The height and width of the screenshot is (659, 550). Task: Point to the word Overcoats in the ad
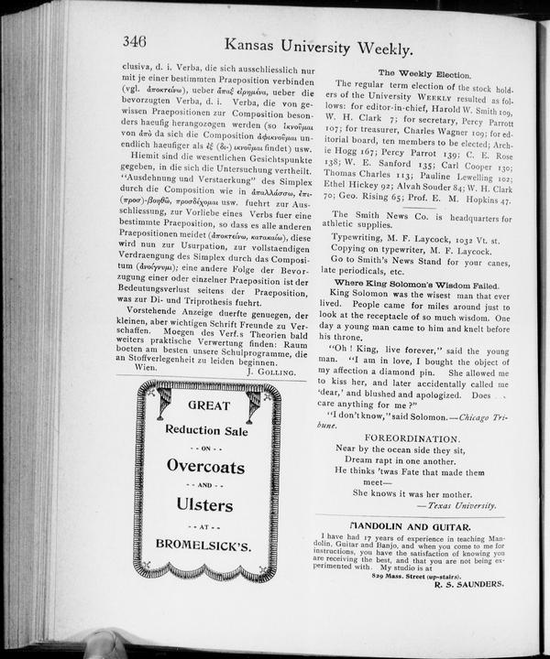click(x=205, y=466)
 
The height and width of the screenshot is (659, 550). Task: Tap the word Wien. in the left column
click(x=134, y=366)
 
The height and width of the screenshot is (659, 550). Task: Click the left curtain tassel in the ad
click(x=162, y=403)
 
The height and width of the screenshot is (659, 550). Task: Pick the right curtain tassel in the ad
click(x=252, y=404)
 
